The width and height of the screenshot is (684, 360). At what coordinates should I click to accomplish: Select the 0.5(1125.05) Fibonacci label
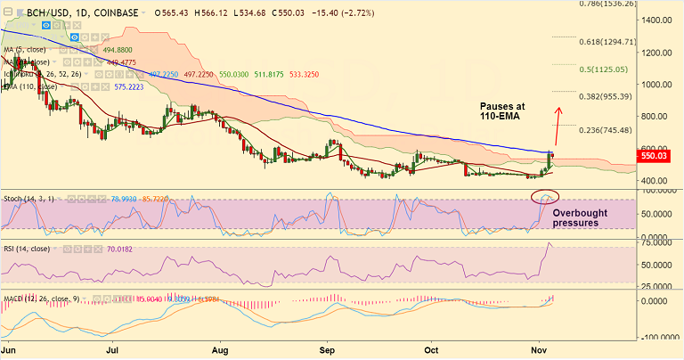pos(603,69)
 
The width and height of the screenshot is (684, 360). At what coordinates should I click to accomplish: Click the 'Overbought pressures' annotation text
pos(582,218)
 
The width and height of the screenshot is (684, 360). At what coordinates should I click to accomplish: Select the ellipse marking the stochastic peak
pos(544,195)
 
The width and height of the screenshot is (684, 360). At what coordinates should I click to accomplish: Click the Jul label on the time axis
pos(113,352)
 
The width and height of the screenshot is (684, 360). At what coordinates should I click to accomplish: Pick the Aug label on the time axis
pos(222,352)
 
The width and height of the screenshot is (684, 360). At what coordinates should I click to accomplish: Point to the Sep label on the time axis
pos(329,352)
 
